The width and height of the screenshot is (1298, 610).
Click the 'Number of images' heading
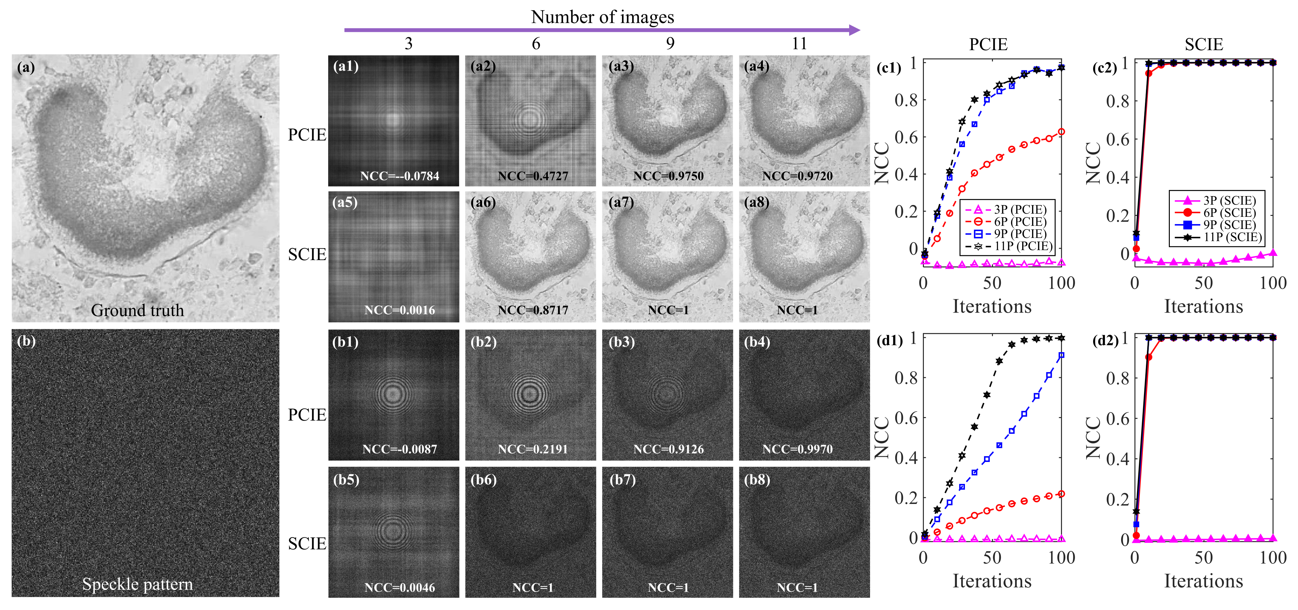click(602, 17)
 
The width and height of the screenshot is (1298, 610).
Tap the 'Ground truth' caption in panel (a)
click(137, 310)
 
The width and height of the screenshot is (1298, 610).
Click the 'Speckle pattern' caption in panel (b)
click(137, 584)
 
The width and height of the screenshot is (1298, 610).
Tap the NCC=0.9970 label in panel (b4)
click(797, 449)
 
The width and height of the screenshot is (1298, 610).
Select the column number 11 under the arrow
click(799, 44)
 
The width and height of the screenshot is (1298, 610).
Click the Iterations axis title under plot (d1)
click(992, 581)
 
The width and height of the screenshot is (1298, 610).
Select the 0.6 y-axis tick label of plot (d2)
click(1117, 418)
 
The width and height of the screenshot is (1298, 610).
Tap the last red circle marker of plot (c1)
click(1061, 131)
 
